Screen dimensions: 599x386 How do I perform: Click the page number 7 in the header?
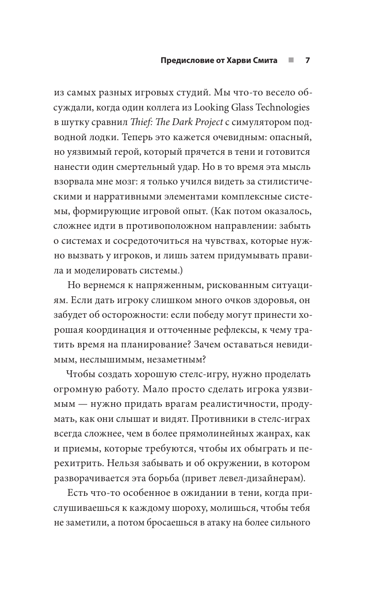click(307, 61)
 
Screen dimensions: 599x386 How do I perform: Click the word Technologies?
click(280, 108)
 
